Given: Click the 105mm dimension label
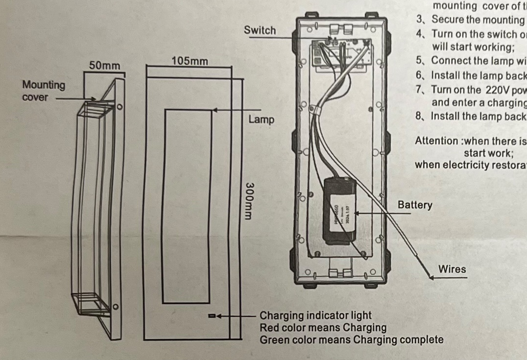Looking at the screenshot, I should [x=190, y=61].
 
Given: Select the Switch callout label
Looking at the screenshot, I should [x=260, y=30].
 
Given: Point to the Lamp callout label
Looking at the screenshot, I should [x=261, y=120].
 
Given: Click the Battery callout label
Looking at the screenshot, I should [x=415, y=205].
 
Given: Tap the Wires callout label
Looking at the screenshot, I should [x=452, y=269].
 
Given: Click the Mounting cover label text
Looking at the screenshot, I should [x=44, y=91].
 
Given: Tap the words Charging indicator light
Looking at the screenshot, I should [x=315, y=316].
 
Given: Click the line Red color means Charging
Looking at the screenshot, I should [x=323, y=328].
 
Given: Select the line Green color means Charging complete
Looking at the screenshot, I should [x=351, y=339].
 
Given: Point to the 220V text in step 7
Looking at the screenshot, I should [x=496, y=90].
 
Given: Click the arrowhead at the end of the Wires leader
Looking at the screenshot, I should [x=431, y=278].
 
